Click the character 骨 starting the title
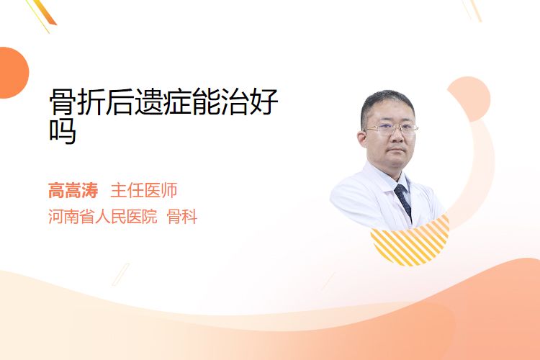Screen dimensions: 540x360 63,102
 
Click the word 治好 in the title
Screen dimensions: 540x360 249,102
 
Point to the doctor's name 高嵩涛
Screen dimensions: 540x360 73,191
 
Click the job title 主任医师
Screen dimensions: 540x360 144,191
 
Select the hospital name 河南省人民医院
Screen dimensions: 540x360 103,217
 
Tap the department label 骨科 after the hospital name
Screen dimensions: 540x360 182,217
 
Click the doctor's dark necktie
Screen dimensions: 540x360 403,201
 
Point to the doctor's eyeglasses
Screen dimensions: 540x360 391,129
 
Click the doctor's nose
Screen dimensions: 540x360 397,136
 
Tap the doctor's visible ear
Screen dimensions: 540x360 362,140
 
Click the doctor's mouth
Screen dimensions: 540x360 397,150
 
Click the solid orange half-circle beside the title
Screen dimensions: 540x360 13,73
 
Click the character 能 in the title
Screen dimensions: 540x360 206,102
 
